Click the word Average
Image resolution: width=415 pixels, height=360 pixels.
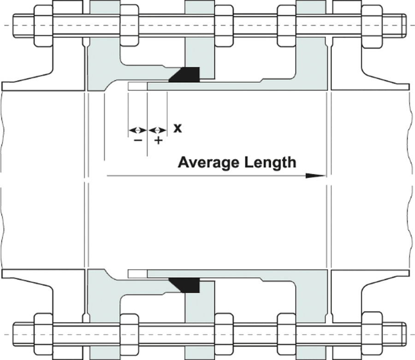point(208,162)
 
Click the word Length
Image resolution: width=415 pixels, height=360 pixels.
point(270,162)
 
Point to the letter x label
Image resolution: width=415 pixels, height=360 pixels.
point(178,128)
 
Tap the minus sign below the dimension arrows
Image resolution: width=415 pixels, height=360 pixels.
point(138,140)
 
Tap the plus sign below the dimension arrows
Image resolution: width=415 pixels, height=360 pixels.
point(158,140)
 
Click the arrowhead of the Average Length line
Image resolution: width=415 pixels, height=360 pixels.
point(315,176)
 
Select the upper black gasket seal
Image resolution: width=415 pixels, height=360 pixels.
point(184,75)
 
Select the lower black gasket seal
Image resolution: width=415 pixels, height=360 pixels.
point(184,285)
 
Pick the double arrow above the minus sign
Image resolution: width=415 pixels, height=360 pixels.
point(137,130)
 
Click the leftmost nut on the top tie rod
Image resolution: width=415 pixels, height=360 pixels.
point(43,26)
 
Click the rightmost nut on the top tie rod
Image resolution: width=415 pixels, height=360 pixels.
point(372,26)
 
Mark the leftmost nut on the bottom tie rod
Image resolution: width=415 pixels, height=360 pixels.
point(43,334)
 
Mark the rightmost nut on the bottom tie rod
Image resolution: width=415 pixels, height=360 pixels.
point(372,333)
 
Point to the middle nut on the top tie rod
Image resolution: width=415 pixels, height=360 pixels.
point(224,26)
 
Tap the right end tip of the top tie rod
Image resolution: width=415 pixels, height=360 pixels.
point(406,26)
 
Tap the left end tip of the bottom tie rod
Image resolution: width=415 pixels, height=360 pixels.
point(13,334)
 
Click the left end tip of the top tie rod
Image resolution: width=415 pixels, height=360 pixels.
point(13,26)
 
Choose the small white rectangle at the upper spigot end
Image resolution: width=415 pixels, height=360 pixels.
point(137,86)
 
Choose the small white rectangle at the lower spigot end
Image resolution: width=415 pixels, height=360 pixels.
point(137,274)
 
